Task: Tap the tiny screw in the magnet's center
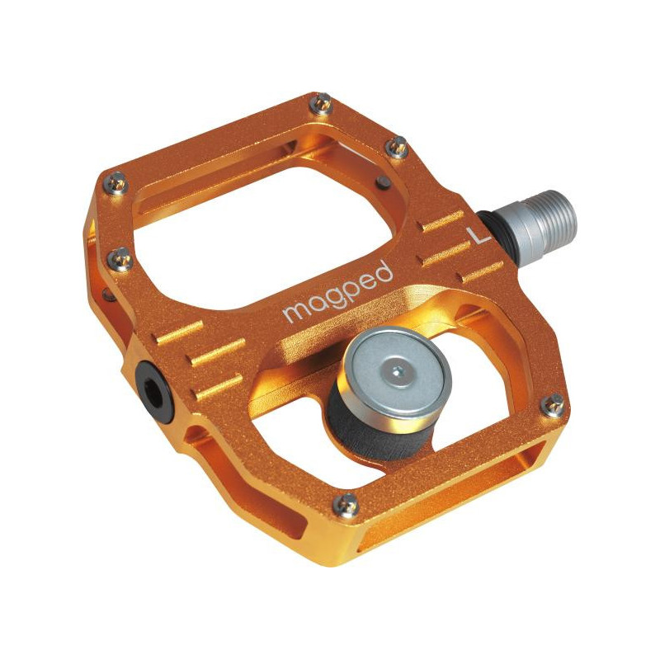pyautogui.click(x=398, y=370)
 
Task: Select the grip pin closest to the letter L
pyautogui.click(x=397, y=148)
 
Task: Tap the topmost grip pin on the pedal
pyautogui.click(x=323, y=104)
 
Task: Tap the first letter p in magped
pyautogui.click(x=346, y=295)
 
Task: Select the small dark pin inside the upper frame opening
pyautogui.click(x=381, y=181)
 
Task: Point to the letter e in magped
pyautogui.click(x=365, y=285)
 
